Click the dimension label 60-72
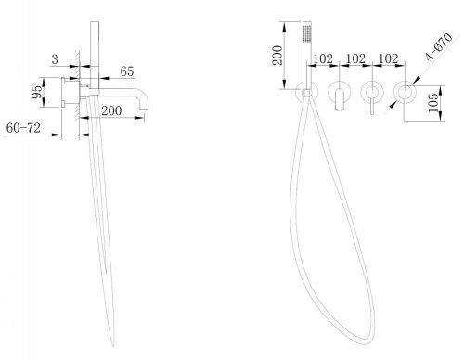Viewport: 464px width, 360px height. (x=23, y=128)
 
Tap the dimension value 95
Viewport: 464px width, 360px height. (x=37, y=92)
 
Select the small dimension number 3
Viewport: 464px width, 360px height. (x=55, y=59)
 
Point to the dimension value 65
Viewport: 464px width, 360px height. (x=127, y=71)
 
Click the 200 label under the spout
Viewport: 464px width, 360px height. (x=111, y=110)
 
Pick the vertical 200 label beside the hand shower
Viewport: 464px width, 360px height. (x=277, y=56)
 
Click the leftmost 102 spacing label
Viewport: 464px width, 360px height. (x=323, y=58)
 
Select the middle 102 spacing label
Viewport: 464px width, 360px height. (x=355, y=58)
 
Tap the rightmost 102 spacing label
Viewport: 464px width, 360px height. (x=388, y=58)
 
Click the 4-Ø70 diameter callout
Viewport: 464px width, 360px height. (x=439, y=46)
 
